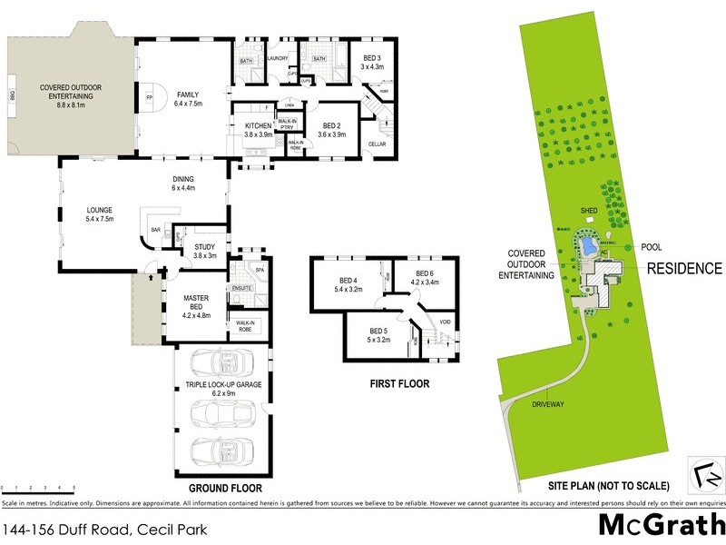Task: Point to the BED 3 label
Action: [x=373, y=61]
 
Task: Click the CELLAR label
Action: [x=378, y=144]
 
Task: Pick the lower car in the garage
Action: [x=222, y=451]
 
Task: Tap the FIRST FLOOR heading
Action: [x=399, y=383]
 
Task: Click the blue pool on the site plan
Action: [x=587, y=246]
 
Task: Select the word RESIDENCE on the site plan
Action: [x=684, y=268]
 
